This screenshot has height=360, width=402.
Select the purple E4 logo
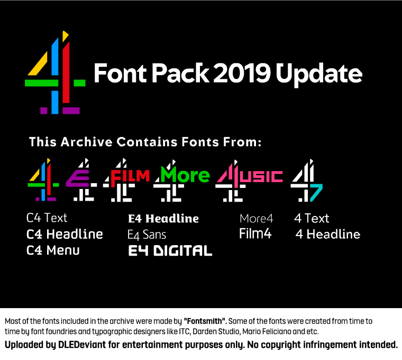tap(80, 180)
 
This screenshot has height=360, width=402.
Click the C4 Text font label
tap(47, 218)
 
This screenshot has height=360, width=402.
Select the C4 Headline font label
tap(65, 234)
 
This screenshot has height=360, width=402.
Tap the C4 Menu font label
tap(53, 250)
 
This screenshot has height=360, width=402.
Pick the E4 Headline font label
tap(163, 219)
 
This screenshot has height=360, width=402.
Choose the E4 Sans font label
tap(147, 234)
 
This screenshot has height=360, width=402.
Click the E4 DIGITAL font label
tap(170, 251)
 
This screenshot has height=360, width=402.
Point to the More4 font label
tap(256, 219)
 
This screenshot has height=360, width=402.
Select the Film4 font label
tap(255, 233)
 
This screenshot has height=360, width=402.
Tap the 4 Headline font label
tap(327, 234)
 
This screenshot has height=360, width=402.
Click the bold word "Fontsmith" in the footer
tap(205, 321)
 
